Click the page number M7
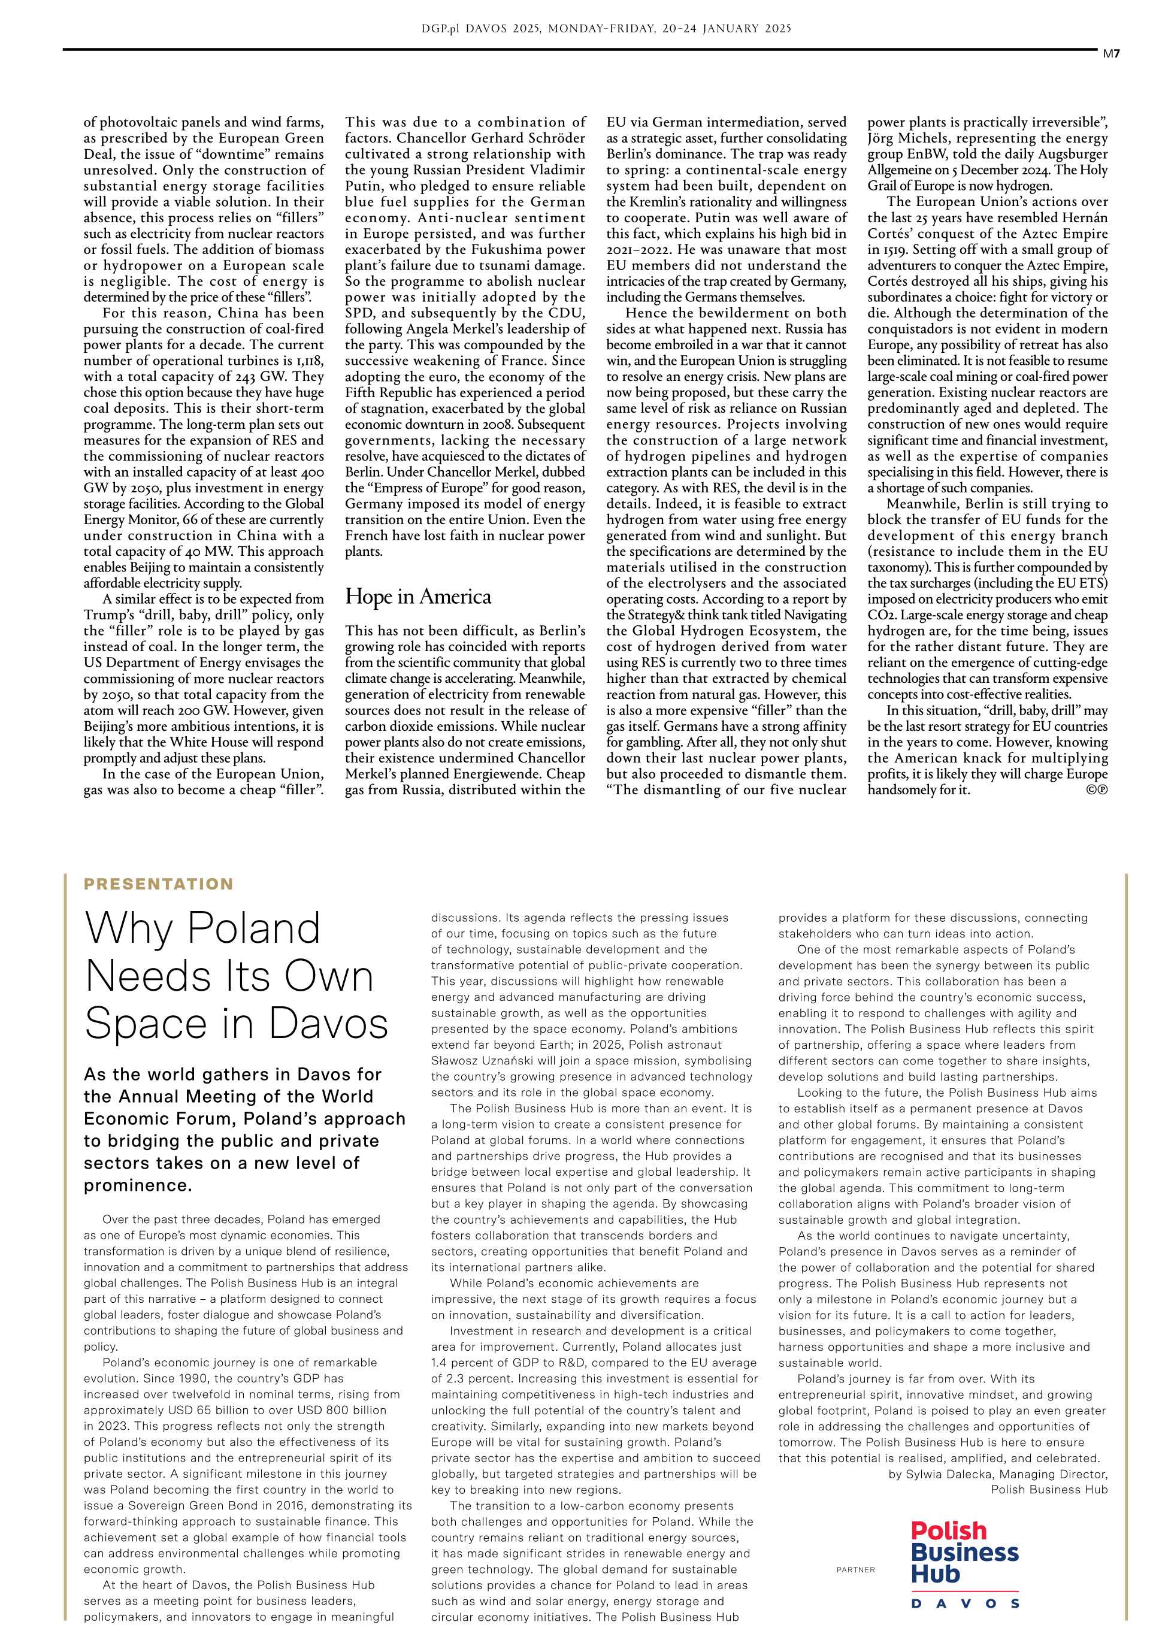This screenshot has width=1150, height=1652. click(1112, 53)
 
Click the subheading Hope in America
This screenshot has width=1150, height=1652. click(417, 597)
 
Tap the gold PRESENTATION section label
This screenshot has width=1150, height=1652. click(158, 884)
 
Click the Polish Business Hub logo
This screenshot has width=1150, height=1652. click(964, 1564)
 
